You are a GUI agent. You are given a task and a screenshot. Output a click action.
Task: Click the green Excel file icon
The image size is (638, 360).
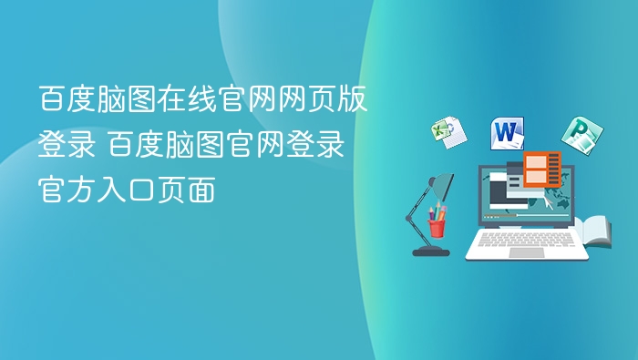pyautogui.click(x=448, y=132)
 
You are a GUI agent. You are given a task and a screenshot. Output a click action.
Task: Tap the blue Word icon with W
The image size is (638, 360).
pyautogui.click(x=508, y=133)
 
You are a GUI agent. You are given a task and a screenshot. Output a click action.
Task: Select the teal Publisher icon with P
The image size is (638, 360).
pyautogui.click(x=577, y=134)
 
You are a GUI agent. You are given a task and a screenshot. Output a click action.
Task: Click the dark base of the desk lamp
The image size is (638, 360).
pyautogui.click(x=429, y=250)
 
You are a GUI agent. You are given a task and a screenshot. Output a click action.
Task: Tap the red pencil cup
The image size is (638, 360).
pyautogui.click(x=437, y=226)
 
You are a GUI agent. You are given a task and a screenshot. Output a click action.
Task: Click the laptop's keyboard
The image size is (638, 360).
pyautogui.click(x=526, y=239)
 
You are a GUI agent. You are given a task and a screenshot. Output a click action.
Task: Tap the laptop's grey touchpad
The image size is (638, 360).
pyautogui.click(x=526, y=252)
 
